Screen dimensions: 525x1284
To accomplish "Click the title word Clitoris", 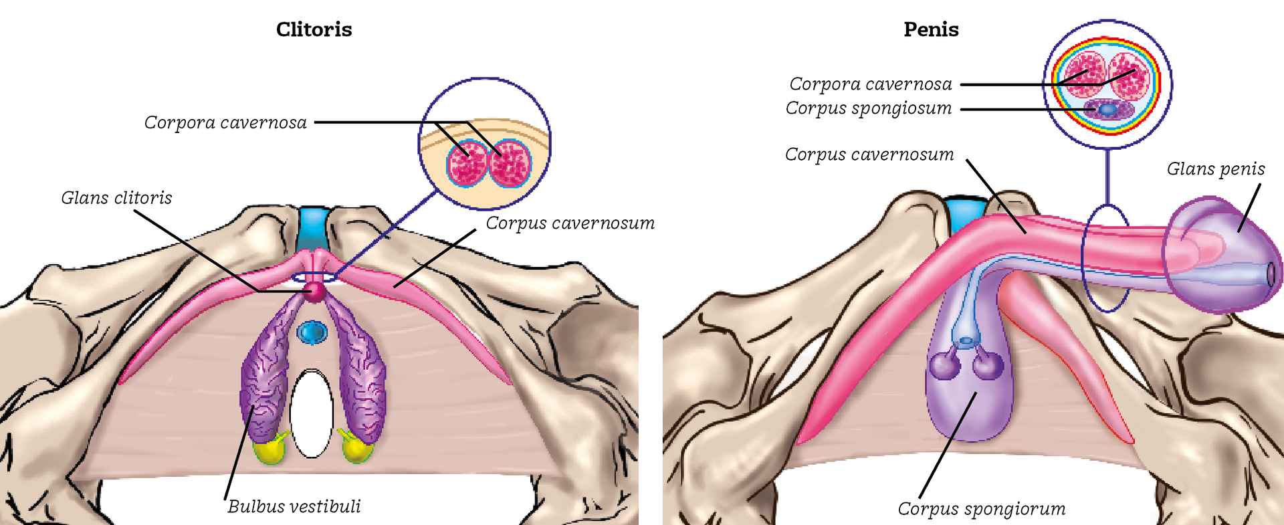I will [314, 30].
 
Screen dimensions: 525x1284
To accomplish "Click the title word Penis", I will [931, 30].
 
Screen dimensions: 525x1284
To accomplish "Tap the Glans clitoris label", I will [116, 198].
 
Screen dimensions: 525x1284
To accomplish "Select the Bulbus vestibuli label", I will [294, 507].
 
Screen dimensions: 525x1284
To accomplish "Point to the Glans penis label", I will [1216, 169].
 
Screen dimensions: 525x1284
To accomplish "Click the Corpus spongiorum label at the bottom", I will [982, 509].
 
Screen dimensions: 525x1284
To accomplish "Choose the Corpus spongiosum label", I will [869, 108].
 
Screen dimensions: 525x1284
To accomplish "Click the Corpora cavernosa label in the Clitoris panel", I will [225, 123].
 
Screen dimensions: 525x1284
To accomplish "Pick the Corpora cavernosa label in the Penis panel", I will [871, 84].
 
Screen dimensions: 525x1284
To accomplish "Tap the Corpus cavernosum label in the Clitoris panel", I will [570, 223].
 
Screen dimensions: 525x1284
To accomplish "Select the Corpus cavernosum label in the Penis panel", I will [869, 154].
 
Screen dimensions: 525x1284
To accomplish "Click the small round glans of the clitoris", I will [314, 292].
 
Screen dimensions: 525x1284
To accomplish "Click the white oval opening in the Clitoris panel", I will [312, 413].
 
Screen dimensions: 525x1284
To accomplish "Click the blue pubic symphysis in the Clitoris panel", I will [312, 227].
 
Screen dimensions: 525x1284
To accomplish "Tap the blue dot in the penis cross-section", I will [1107, 108].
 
